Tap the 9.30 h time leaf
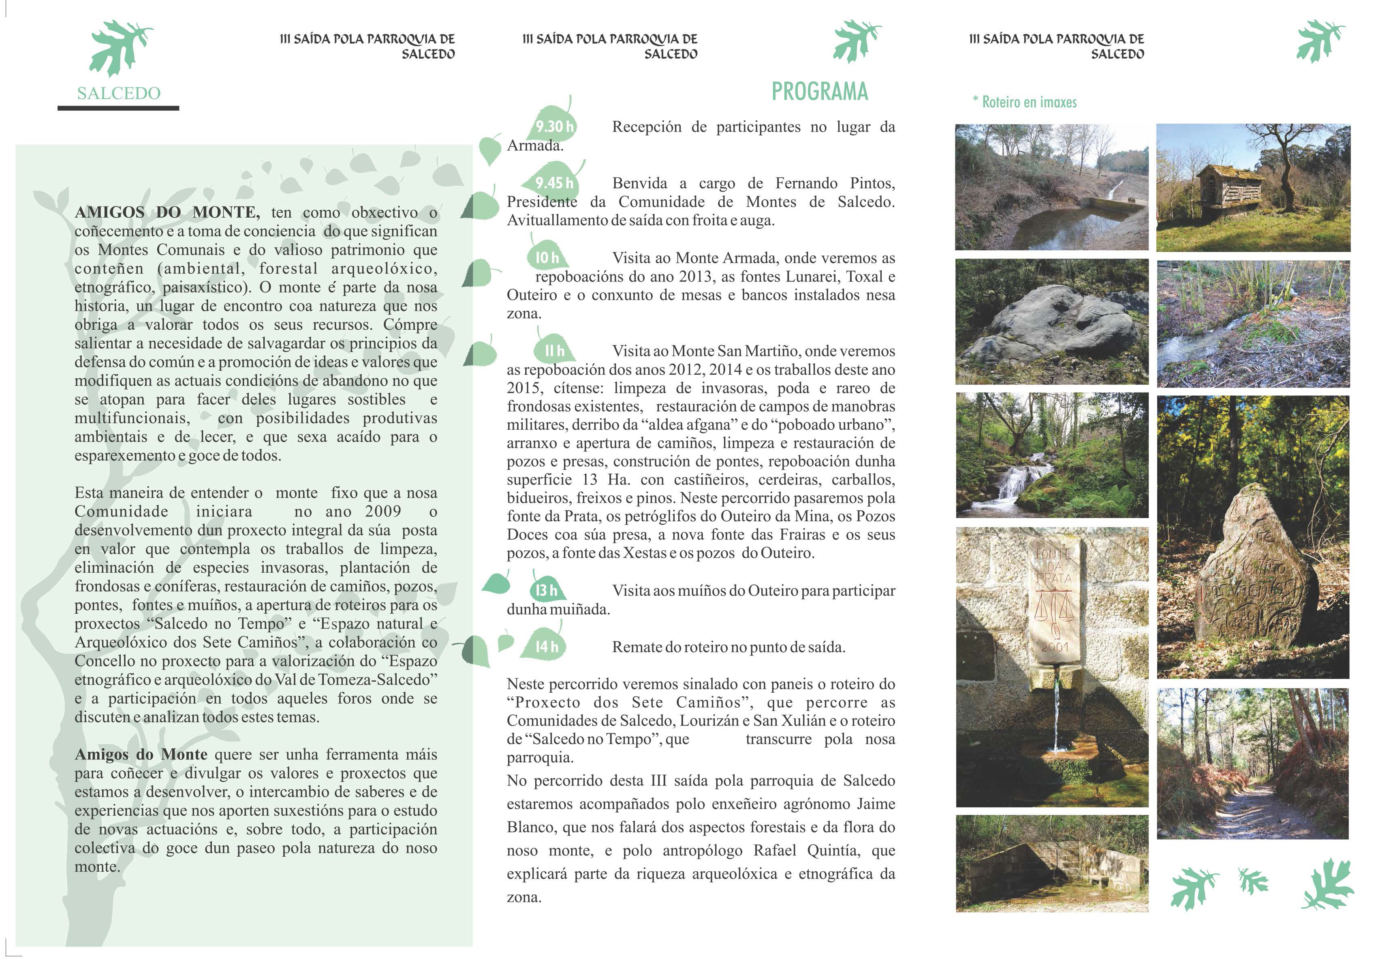coord(555,127)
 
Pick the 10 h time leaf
coord(547,258)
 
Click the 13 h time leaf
coord(546,591)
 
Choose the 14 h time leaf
coord(547,647)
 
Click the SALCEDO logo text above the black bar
coord(119,94)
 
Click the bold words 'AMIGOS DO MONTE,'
coord(167,212)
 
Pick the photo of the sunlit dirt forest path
coord(1252,764)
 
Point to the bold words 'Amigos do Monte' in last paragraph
coord(141,754)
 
